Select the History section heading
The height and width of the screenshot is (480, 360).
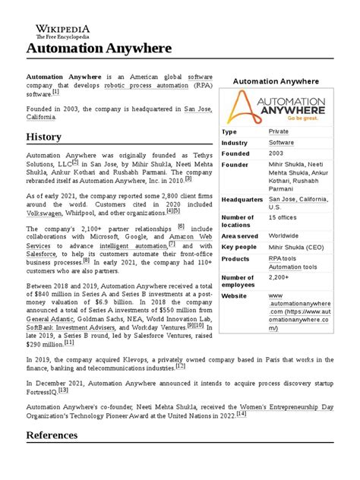pos(44,137)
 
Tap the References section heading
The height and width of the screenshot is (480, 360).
pos(52,435)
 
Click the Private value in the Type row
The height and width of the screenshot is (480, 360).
pos(279,131)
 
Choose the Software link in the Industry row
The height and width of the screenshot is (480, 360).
pos(281,143)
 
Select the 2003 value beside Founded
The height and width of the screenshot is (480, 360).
pos(278,153)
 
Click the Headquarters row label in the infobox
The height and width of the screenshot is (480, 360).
pos(241,199)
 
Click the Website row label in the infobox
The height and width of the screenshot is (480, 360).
pos(235,295)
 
